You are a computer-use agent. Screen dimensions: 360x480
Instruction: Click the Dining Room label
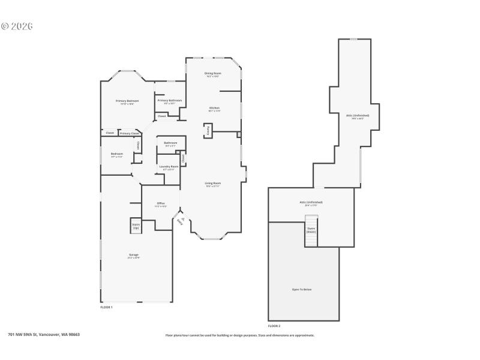213,73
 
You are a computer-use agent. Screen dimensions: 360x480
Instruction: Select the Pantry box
208,130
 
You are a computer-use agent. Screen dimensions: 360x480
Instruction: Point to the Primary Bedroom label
127,101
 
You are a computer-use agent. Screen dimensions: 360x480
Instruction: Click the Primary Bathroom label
170,100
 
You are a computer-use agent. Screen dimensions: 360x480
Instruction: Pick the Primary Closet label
129,133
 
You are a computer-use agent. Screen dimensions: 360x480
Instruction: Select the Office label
161,203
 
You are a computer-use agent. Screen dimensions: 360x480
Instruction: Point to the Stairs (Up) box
136,226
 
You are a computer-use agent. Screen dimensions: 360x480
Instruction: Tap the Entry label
179,221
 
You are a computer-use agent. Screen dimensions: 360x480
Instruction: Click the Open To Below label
302,289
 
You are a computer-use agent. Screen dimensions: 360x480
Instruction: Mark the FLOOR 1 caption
106,307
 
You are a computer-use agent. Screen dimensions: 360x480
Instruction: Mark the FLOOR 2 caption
274,326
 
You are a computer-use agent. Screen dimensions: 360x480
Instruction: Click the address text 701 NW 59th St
43,334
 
